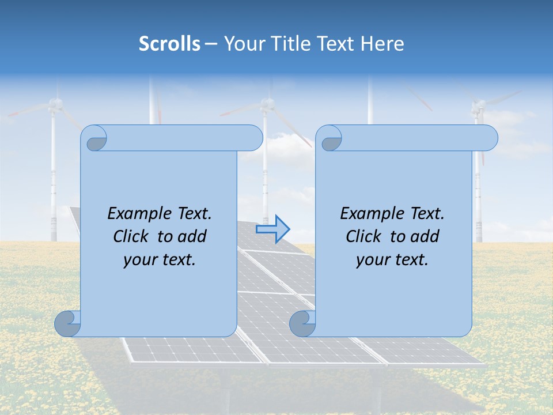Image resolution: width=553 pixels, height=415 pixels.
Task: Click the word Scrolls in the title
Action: click(x=169, y=43)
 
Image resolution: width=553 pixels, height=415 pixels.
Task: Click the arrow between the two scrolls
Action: click(x=273, y=229)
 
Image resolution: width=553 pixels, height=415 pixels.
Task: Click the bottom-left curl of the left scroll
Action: click(x=68, y=323)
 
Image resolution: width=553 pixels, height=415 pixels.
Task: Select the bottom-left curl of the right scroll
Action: click(x=303, y=323)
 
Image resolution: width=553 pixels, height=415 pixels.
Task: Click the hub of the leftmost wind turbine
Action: click(x=55, y=104)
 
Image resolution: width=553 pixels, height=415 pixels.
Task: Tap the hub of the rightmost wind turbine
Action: click(x=478, y=106)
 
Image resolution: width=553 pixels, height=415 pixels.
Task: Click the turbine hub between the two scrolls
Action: click(x=266, y=104)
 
